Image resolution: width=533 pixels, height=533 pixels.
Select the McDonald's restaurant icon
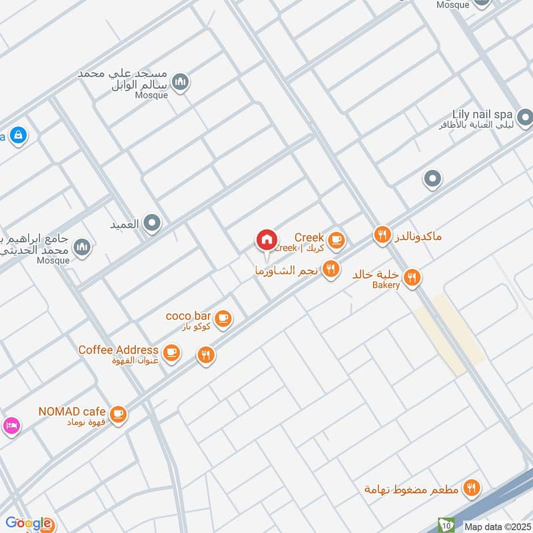pyautogui.click(x=382, y=235)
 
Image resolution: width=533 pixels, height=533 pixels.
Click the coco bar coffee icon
pyautogui.click(x=224, y=318)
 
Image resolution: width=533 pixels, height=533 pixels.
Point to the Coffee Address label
pyautogui.click(x=118, y=350)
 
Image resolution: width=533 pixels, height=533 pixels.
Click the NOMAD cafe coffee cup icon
pyautogui.click(x=118, y=414)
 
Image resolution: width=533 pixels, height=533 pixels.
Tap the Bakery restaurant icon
pyautogui.click(x=412, y=277)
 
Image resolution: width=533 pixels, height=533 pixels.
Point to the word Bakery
pyautogui.click(x=386, y=285)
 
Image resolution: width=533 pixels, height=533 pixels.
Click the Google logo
pyautogui.click(x=27, y=523)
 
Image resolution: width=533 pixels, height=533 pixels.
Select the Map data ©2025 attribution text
pyautogui.click(x=497, y=526)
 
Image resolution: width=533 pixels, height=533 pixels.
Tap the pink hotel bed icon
pyautogui.click(x=11, y=426)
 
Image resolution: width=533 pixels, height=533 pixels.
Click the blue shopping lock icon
pyautogui.click(x=18, y=135)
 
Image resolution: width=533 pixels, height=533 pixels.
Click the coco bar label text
pyautogui.click(x=189, y=315)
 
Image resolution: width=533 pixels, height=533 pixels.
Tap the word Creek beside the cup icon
pyautogui.click(x=308, y=237)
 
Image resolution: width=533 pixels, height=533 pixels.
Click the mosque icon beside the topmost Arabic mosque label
pyautogui.click(x=180, y=83)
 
